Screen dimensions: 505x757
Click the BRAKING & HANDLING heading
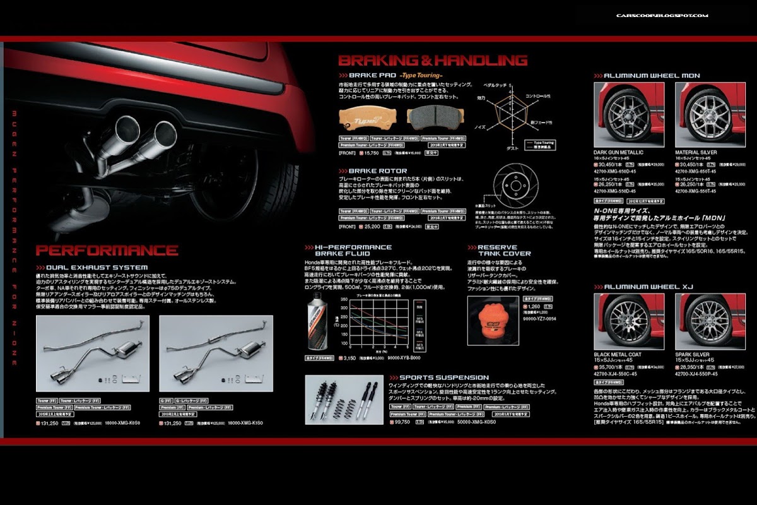433,61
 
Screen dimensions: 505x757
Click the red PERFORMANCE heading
107,250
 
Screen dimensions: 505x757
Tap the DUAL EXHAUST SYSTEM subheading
97,268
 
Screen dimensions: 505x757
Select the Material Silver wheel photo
705,114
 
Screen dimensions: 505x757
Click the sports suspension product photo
344,400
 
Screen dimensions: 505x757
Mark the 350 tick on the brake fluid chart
343,299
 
